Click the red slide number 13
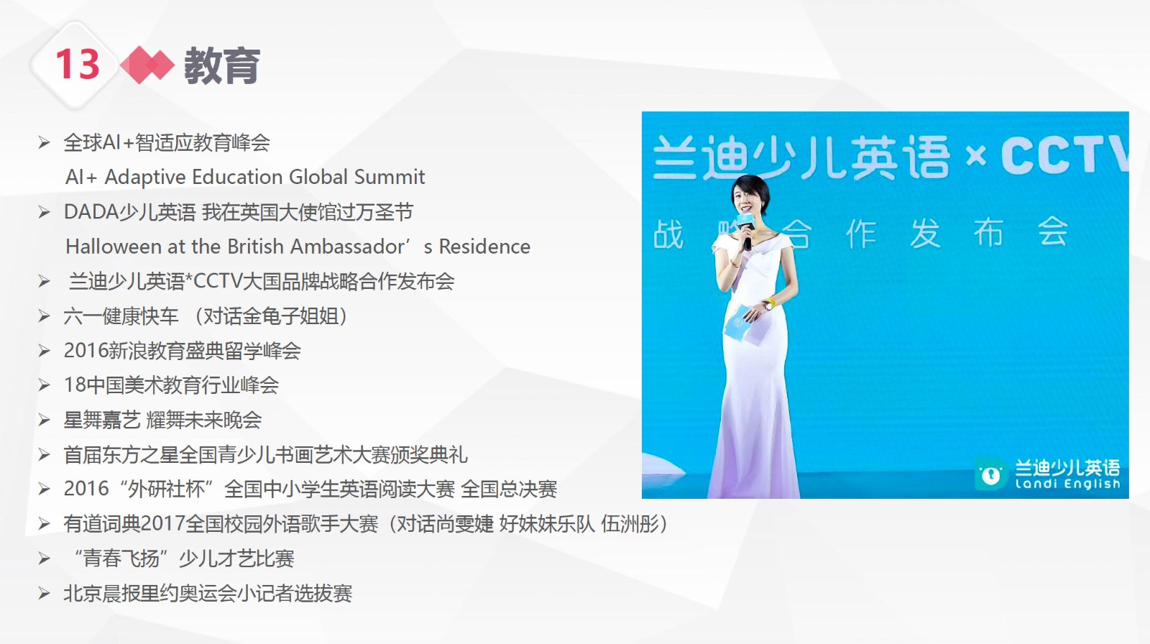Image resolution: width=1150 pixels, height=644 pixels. [x=78, y=64]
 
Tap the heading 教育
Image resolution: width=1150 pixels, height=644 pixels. [x=222, y=65]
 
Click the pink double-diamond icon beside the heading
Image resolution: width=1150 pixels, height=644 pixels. [x=147, y=65]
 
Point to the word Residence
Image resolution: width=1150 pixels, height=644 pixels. [x=484, y=247]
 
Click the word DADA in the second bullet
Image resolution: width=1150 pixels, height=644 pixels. [x=91, y=211]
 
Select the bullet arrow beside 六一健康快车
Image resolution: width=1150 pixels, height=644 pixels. [x=44, y=316]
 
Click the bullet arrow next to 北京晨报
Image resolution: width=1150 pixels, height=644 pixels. [x=44, y=593]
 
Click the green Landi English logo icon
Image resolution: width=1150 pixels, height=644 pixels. [x=990, y=474]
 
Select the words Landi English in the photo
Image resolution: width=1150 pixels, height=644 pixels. [x=1068, y=484]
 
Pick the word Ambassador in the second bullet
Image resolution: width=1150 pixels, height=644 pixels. [x=348, y=247]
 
